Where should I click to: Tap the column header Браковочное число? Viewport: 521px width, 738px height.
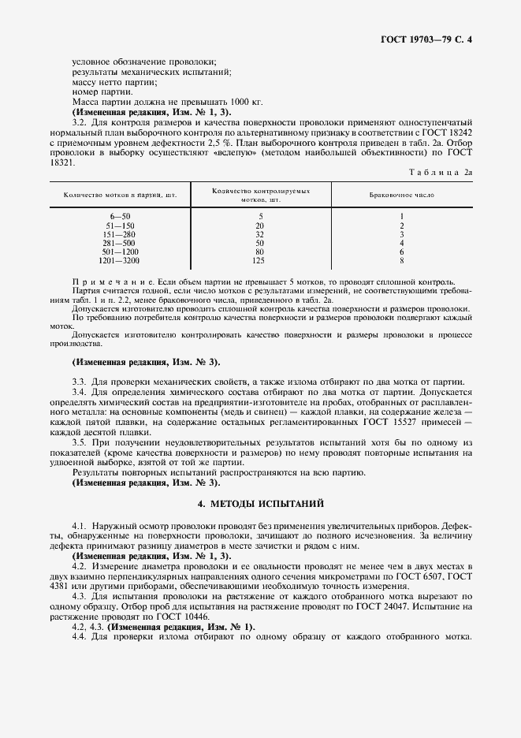[x=402, y=194]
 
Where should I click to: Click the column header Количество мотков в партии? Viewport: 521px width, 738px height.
[x=120, y=194]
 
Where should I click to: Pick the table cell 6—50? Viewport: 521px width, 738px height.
[x=121, y=216]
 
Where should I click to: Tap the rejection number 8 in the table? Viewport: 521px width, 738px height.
[x=402, y=259]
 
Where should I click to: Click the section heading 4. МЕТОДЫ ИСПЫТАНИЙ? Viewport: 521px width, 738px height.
[x=260, y=502]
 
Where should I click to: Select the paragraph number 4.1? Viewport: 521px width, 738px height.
[x=80, y=524]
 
